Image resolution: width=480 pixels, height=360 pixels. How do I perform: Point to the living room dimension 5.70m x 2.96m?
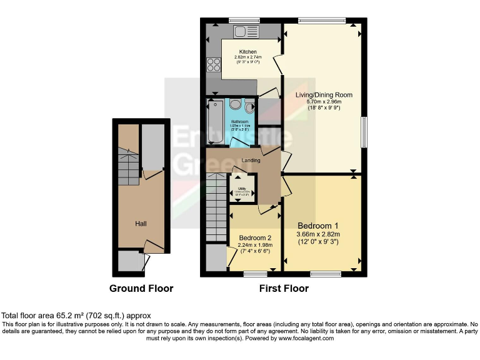(x=324, y=102)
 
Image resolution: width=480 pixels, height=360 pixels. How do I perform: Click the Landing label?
(x=242, y=159)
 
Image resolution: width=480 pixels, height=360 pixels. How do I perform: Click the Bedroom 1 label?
(x=317, y=226)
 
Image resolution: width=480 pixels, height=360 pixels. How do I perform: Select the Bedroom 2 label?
(x=255, y=237)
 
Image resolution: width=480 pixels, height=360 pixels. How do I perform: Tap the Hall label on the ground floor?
(x=140, y=223)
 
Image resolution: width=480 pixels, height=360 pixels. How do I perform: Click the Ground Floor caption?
(x=141, y=289)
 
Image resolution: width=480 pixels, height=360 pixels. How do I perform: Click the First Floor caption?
(x=284, y=289)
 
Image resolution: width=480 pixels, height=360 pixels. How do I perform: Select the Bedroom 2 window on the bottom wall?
(x=255, y=274)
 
